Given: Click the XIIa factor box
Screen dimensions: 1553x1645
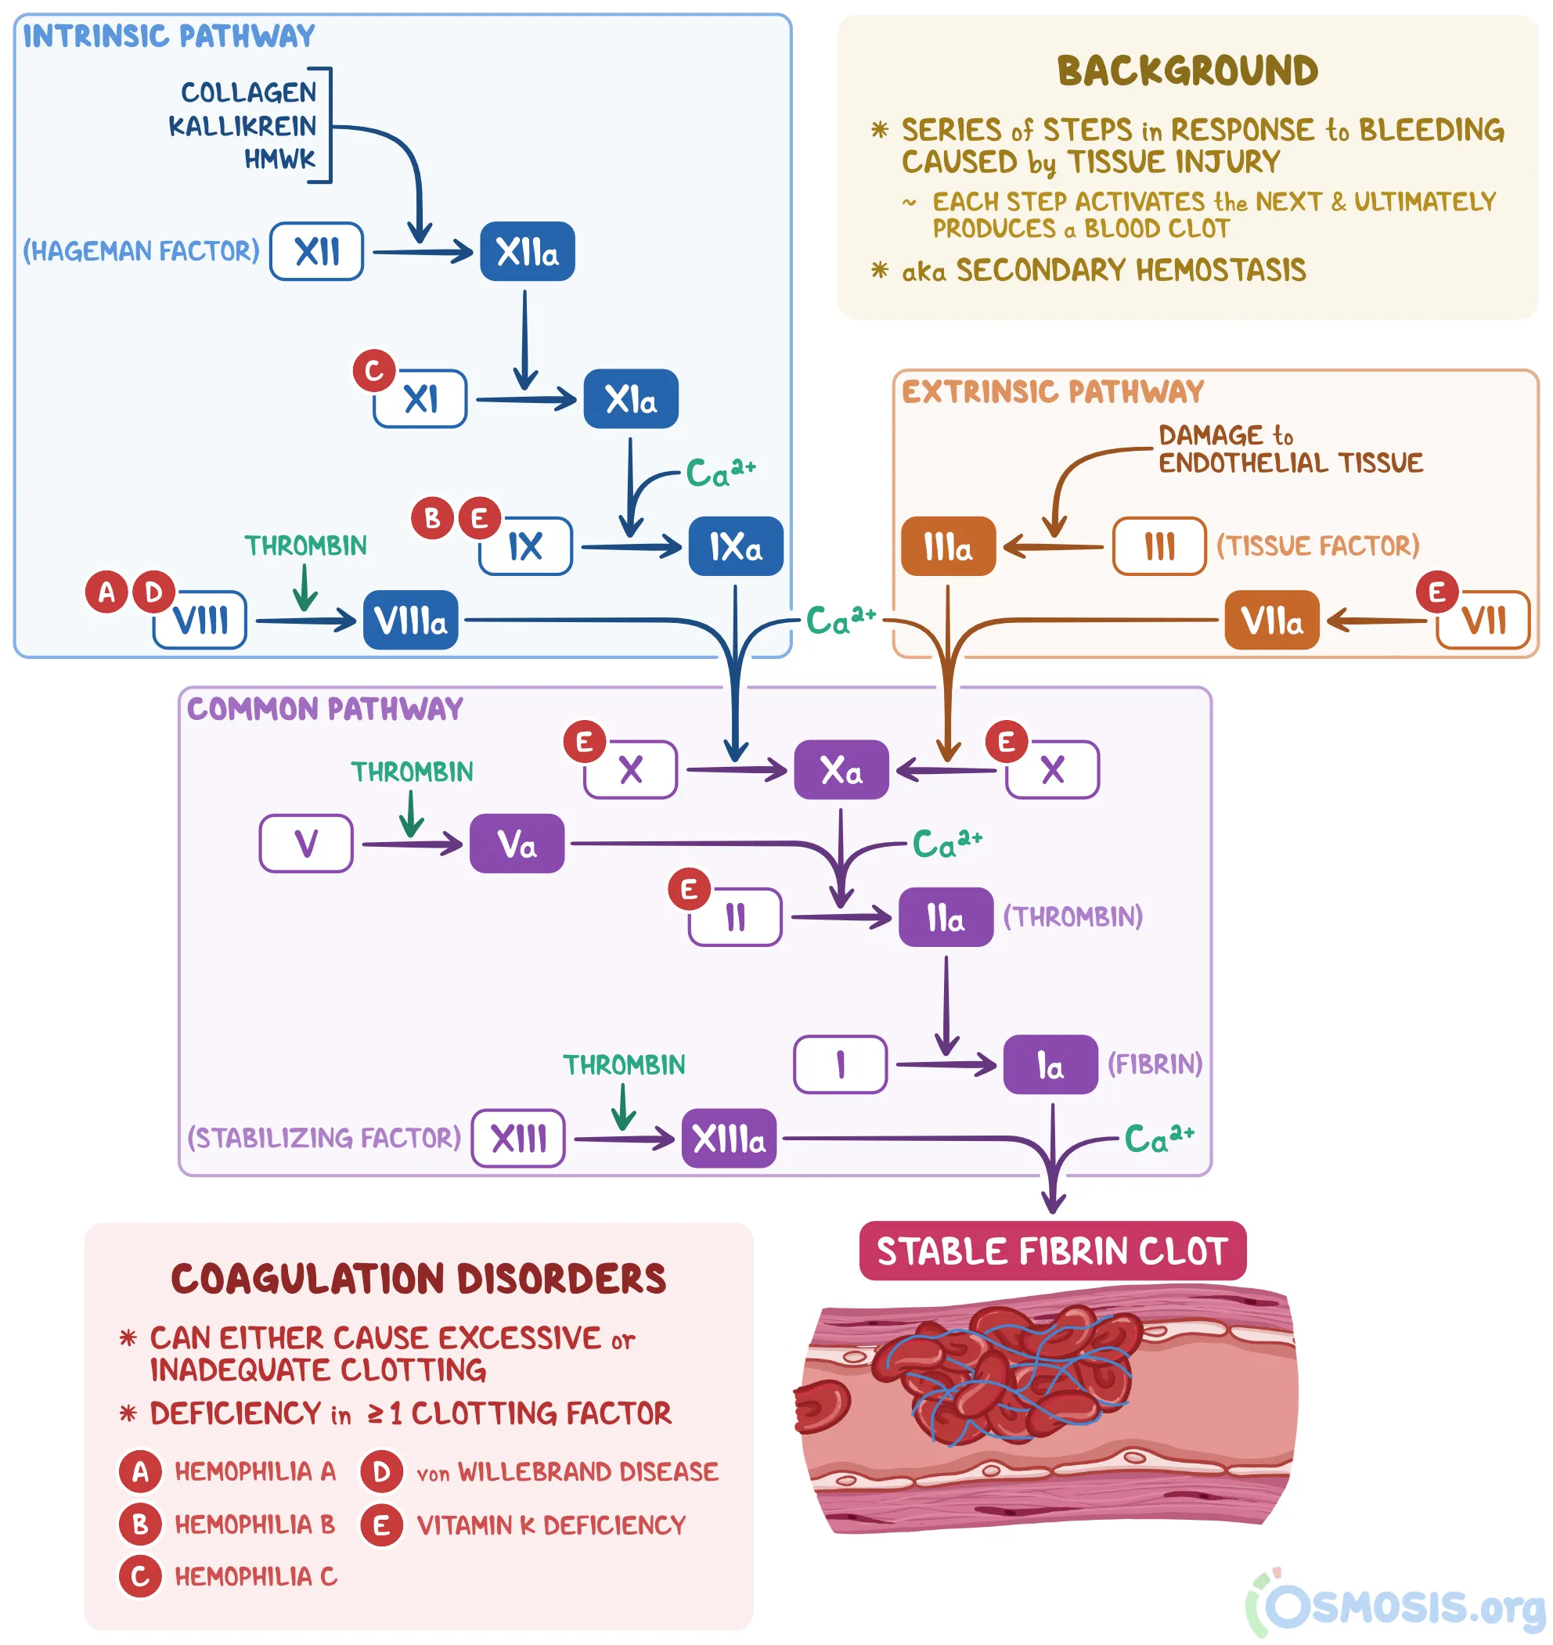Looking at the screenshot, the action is [x=528, y=251].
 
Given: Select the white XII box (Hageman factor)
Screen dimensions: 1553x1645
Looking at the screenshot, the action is [x=316, y=251].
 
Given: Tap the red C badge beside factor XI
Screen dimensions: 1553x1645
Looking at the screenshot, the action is [x=373, y=371].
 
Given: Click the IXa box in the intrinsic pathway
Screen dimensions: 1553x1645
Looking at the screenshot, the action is [x=735, y=547].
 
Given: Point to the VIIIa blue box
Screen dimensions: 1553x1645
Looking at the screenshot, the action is [x=411, y=621].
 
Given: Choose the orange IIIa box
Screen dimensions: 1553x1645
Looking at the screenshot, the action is [x=948, y=547].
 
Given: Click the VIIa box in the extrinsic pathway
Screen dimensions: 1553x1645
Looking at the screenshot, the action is [x=1271, y=621].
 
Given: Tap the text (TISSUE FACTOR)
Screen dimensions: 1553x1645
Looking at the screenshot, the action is [x=1318, y=546].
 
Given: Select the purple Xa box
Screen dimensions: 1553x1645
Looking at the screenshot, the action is [x=841, y=770].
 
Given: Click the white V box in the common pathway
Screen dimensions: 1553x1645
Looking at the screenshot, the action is [x=306, y=844].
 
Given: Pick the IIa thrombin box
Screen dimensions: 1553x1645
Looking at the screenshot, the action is [x=946, y=918].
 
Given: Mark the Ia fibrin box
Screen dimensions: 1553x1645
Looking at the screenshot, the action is [x=1050, y=1065].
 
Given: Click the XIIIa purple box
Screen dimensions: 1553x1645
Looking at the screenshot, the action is [x=729, y=1139].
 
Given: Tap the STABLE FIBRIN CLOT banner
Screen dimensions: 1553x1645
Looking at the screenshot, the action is [x=1052, y=1251].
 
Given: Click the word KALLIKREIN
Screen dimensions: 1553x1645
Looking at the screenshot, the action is [x=243, y=126].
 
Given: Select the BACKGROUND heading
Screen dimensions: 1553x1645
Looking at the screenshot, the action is [x=1187, y=71].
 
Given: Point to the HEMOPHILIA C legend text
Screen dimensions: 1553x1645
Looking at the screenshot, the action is [x=256, y=1577].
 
